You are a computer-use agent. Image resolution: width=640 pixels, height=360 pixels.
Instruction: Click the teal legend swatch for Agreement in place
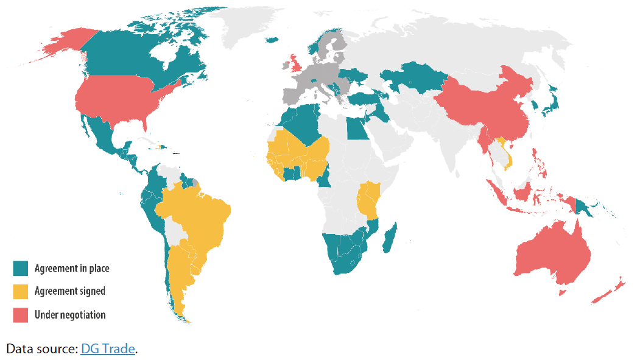(x=21, y=268)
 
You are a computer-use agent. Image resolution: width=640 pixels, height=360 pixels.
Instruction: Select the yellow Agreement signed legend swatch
(x=21, y=291)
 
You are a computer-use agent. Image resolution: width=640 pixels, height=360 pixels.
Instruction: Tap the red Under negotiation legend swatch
(x=21, y=315)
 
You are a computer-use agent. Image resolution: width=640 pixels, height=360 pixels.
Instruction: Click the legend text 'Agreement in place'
(x=72, y=268)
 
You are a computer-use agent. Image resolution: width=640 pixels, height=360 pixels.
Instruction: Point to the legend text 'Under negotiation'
(x=70, y=315)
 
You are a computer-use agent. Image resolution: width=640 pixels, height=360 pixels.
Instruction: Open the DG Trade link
(x=107, y=349)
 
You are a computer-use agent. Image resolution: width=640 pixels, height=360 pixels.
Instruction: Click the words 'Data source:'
(x=41, y=349)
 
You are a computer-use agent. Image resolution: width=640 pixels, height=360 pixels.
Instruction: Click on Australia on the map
(x=551, y=256)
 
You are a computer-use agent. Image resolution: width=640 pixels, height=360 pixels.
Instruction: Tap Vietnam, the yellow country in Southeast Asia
(x=506, y=152)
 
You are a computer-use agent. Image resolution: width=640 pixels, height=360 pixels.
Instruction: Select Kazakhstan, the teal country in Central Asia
(x=414, y=76)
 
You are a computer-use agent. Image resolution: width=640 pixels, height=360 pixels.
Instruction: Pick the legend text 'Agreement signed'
(x=69, y=291)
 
